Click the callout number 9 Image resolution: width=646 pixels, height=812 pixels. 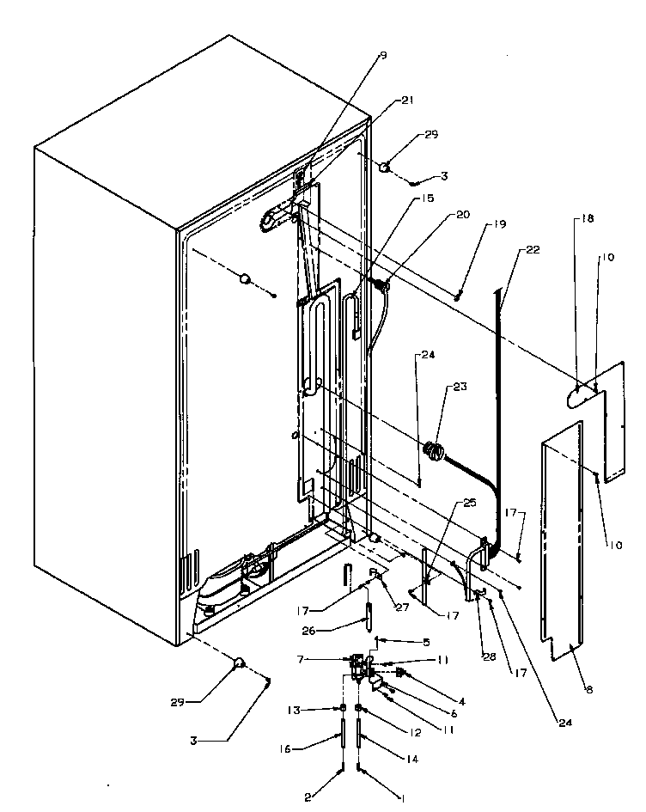click(x=382, y=56)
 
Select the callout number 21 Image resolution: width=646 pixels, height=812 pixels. click(x=406, y=101)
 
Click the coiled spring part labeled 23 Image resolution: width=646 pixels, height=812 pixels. click(x=435, y=450)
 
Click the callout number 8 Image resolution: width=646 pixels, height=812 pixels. click(x=589, y=688)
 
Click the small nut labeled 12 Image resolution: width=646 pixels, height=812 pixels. click(x=360, y=709)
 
